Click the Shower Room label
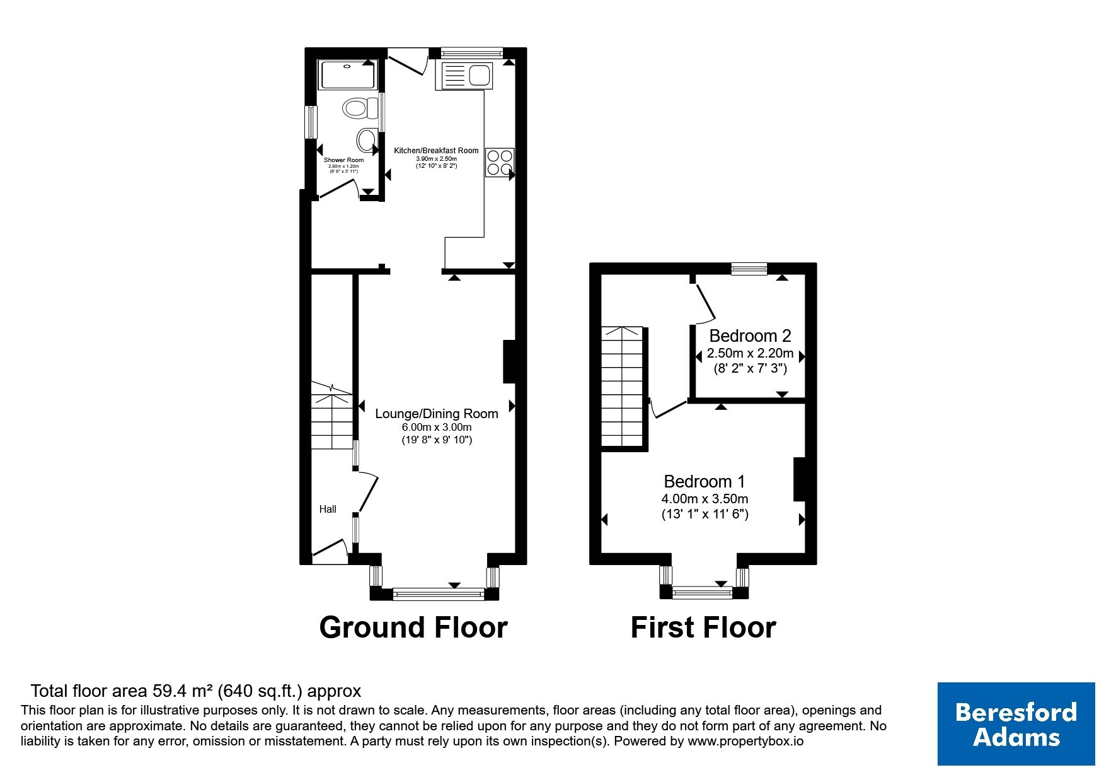click(343, 160)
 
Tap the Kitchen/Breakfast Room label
click(436, 151)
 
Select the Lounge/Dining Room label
click(437, 414)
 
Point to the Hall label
click(328, 509)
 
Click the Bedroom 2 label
click(750, 336)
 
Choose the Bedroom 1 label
click(705, 482)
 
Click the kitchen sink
click(466, 76)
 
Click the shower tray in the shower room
click(347, 75)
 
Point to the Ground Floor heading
click(413, 627)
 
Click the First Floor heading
click(703, 627)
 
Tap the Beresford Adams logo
click(1016, 724)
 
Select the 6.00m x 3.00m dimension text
click(437, 427)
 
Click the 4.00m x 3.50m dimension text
click(705, 499)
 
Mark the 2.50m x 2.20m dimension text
click(750, 353)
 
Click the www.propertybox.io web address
click(745, 742)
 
